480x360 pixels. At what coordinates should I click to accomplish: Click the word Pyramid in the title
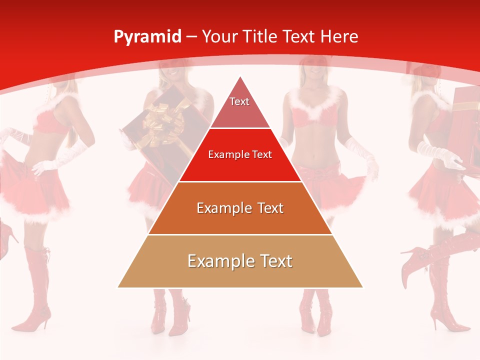point(147,37)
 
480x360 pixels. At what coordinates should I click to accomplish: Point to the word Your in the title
point(219,36)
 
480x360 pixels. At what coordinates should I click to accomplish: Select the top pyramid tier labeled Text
point(239,105)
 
